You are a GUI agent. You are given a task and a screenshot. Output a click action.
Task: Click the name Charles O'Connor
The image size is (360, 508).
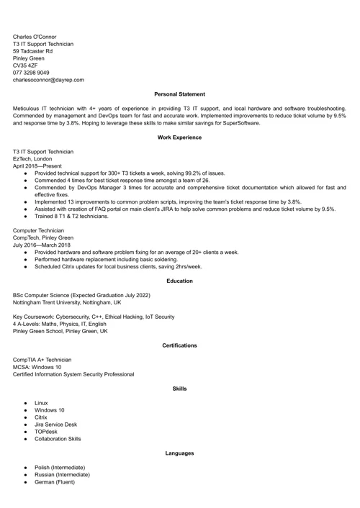35,37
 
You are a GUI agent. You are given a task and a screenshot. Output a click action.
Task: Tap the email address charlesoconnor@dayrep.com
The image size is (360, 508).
48,80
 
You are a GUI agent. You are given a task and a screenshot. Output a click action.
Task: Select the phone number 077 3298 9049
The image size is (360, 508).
31,73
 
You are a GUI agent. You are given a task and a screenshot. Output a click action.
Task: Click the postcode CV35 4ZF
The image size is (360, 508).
25,65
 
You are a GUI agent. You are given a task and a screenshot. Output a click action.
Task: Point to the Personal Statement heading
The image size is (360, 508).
179,94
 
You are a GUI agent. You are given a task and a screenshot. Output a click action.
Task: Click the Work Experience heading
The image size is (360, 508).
179,137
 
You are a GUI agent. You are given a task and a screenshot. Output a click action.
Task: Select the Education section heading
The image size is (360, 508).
179,281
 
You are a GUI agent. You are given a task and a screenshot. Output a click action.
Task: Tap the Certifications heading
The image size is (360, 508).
179,345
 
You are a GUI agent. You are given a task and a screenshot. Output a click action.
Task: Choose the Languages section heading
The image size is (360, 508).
179,453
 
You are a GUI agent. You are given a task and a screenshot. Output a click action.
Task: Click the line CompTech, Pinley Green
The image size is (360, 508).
43,237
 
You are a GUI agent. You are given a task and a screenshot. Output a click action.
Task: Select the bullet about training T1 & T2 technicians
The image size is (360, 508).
71,216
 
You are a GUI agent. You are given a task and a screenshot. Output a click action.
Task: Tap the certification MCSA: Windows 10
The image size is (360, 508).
37,367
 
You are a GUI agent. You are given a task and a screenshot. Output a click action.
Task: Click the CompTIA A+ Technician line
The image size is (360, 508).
42,360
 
